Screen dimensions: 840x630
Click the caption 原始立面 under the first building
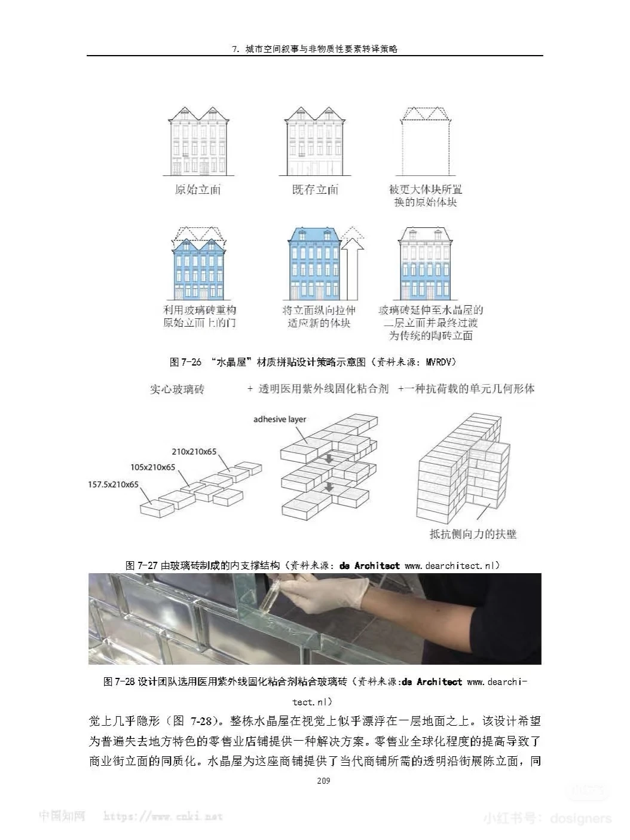click(198, 190)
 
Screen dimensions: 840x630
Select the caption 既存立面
click(315, 190)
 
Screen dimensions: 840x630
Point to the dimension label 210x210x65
click(194, 452)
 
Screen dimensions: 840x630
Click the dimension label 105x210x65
click(153, 467)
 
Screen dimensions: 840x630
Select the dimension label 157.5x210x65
click(114, 484)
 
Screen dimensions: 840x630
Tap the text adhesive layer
click(280, 419)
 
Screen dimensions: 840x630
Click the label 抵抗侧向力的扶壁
click(473, 534)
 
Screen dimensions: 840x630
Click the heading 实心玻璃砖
click(177, 389)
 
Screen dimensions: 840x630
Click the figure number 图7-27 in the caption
click(142, 565)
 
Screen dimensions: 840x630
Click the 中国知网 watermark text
click(62, 815)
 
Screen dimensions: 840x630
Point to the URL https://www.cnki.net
click(163, 816)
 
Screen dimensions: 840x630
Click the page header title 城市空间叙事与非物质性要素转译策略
click(321, 50)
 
